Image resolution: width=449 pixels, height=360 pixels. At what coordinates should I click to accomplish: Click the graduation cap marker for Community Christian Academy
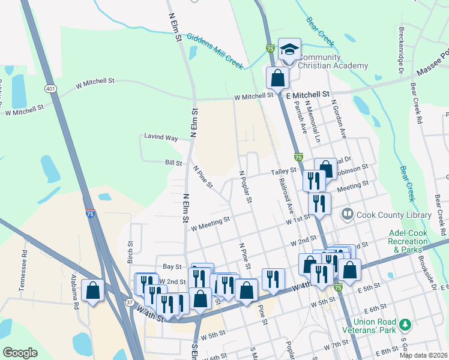pyautogui.click(x=289, y=50)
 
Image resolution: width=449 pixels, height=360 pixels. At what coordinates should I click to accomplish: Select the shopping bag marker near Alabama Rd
pyautogui.click(x=92, y=291)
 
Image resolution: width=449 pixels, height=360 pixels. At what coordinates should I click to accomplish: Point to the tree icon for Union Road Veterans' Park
pyautogui.click(x=406, y=325)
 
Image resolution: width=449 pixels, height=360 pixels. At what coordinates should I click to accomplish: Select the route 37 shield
pyautogui.click(x=130, y=302)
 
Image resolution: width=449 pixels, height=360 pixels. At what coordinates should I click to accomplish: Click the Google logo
pyautogui.click(x=20, y=353)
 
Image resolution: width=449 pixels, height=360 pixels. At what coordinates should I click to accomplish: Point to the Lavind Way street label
pyautogui.click(x=161, y=137)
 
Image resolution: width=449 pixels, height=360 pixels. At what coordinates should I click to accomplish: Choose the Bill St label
pyautogui.click(x=173, y=163)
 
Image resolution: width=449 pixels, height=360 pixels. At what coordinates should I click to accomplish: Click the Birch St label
pyautogui.click(x=130, y=253)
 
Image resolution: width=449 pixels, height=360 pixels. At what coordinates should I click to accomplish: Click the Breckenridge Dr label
pyautogui.click(x=400, y=50)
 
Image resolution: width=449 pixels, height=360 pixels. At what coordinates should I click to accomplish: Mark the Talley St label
pyautogui.click(x=284, y=171)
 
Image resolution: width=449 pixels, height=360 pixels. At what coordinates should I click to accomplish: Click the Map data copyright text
pyautogui.click(x=423, y=355)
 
